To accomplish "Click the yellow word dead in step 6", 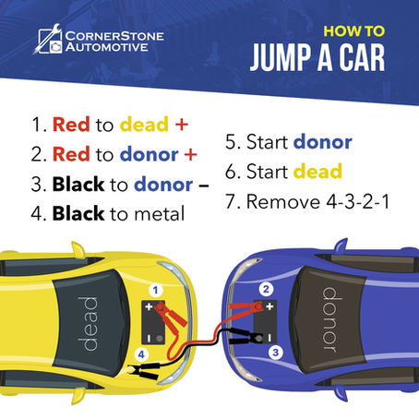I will (x=317, y=171).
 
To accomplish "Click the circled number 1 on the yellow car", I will (x=157, y=290).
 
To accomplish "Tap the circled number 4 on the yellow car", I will (x=139, y=353).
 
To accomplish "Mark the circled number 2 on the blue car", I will (x=265, y=289).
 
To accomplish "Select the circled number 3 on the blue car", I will (x=274, y=352).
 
